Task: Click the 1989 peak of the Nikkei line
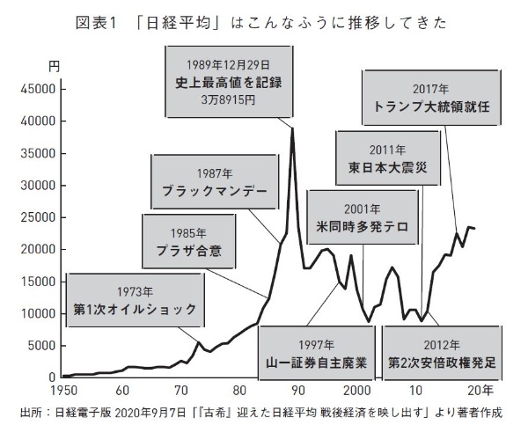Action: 293,128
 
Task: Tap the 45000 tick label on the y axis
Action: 38,89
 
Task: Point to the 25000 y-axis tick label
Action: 38,217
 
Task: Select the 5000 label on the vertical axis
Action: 41,346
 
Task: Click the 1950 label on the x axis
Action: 63,391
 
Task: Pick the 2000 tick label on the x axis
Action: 357,391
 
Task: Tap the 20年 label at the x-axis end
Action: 480,391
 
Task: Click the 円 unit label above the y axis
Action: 54,67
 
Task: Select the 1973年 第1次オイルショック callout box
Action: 135,300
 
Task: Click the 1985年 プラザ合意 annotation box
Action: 188,241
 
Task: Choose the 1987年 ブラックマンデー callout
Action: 215,182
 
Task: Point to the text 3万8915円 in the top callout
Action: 228,100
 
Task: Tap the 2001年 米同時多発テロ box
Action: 363,217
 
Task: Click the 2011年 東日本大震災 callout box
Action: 388,158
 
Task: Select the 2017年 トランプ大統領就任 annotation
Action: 431,98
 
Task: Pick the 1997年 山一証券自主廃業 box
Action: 317,353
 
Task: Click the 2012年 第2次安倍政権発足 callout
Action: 442,353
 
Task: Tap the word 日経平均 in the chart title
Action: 179,23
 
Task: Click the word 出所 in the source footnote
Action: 30,413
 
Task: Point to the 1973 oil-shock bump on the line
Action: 199,342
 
